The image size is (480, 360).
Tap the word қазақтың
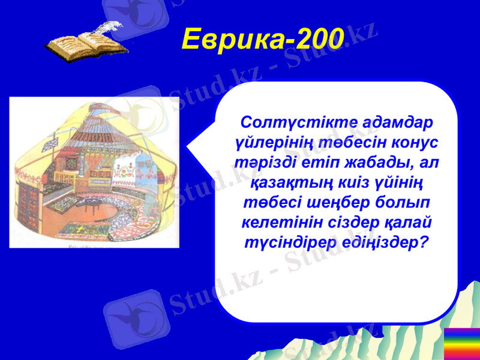(x=289, y=182)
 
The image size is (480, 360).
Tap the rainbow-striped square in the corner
(x=461, y=343)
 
